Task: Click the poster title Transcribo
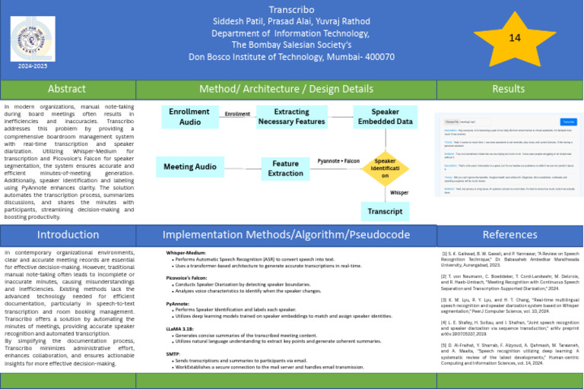292,9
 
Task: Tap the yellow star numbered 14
514,38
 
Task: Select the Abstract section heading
67,89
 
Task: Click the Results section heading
509,89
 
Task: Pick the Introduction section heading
68,235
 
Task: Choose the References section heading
509,235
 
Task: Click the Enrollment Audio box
190,117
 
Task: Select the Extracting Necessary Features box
290,117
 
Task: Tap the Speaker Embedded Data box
386,117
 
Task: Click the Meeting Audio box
190,167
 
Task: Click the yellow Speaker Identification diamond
385,168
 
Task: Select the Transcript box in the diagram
385,211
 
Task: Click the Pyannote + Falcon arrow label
338,161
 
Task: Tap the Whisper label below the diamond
399,192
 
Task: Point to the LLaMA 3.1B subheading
179,330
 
